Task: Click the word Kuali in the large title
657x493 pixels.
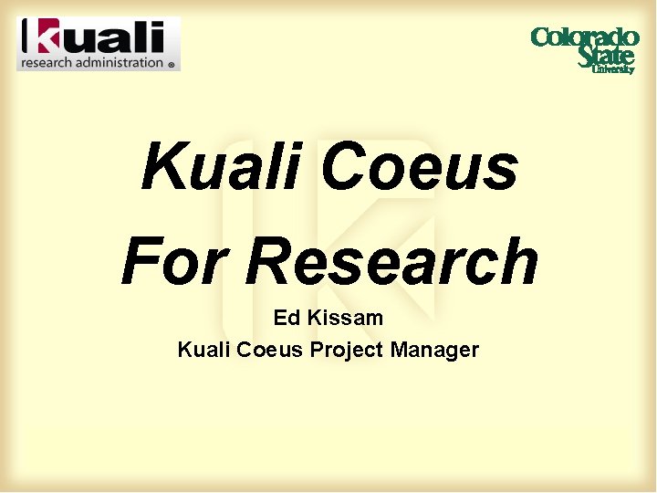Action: tap(224, 167)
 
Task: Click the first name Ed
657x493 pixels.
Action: tap(286, 319)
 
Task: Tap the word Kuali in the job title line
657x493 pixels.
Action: tap(203, 349)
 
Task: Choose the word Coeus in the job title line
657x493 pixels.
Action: tap(270, 349)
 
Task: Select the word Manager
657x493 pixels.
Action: tap(434, 349)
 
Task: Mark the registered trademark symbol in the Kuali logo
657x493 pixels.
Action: tap(171, 65)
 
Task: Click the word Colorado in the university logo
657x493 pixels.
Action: tap(584, 37)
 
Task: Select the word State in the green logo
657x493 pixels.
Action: tap(605, 55)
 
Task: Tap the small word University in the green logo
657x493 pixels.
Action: tap(612, 69)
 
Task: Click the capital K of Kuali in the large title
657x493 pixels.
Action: tap(162, 167)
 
